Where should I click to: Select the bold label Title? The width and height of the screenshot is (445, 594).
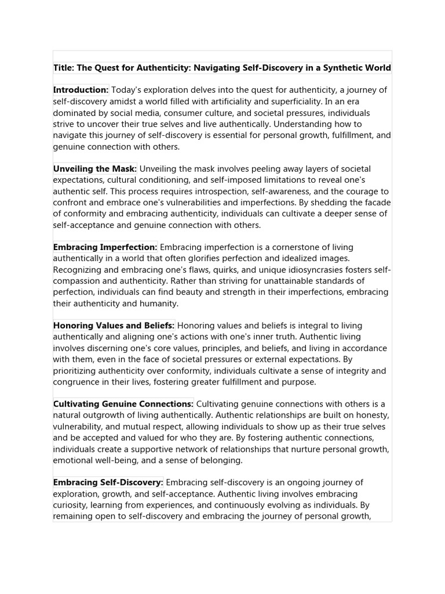coord(64,68)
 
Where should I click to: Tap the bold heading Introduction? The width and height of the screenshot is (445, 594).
coord(81,90)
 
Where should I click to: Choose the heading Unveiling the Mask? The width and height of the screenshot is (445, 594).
coord(95,169)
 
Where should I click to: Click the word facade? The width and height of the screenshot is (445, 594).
coord(377,202)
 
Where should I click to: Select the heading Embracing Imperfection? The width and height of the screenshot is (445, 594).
coord(105,247)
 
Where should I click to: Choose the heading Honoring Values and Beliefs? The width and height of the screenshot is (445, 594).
coord(114,326)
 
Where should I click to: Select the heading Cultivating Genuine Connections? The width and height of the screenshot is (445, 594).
coord(123,404)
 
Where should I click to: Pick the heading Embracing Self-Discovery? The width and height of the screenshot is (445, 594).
coord(108,483)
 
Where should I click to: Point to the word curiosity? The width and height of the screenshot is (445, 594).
coord(72,505)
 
